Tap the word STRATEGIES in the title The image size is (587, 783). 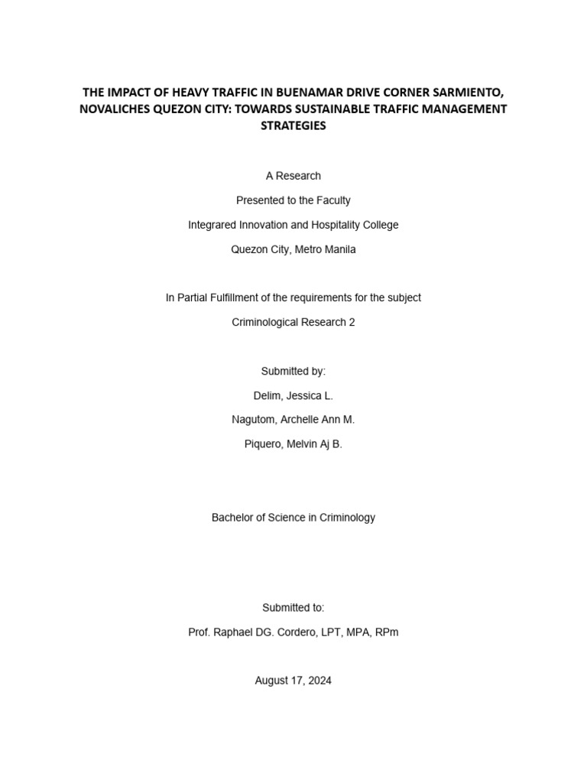293,126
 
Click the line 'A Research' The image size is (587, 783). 293,176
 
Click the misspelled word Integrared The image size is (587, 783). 213,225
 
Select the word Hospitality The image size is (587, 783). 331,225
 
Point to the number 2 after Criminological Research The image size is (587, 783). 352,322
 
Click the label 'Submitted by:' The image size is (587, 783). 293,371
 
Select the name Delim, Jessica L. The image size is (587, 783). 293,395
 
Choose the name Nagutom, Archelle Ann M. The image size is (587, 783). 293,420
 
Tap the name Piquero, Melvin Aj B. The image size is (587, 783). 293,444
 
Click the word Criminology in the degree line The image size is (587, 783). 345,518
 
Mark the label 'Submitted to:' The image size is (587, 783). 293,607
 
